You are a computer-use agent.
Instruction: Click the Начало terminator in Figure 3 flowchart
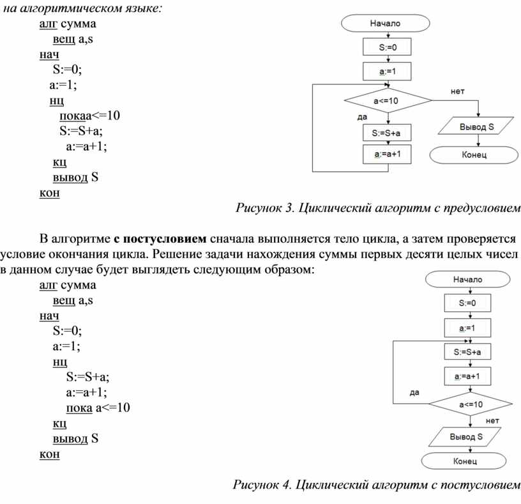(x=385, y=23)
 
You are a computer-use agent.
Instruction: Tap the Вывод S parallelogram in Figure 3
(x=476, y=126)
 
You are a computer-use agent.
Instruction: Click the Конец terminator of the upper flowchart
(x=473, y=154)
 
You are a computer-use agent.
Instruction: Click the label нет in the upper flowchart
(x=457, y=91)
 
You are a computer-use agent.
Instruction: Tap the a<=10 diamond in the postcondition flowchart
(x=469, y=404)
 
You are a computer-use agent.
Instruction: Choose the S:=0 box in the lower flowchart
(x=468, y=303)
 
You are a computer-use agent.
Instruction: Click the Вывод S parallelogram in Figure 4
(x=466, y=438)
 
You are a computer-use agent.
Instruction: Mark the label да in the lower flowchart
(x=414, y=393)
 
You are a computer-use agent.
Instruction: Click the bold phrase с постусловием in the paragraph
(x=160, y=239)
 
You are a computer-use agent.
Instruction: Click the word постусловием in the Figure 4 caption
(x=479, y=485)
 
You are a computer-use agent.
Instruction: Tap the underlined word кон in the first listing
(x=49, y=193)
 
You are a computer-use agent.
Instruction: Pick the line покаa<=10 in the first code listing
(x=89, y=116)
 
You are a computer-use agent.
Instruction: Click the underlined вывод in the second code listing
(x=70, y=438)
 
